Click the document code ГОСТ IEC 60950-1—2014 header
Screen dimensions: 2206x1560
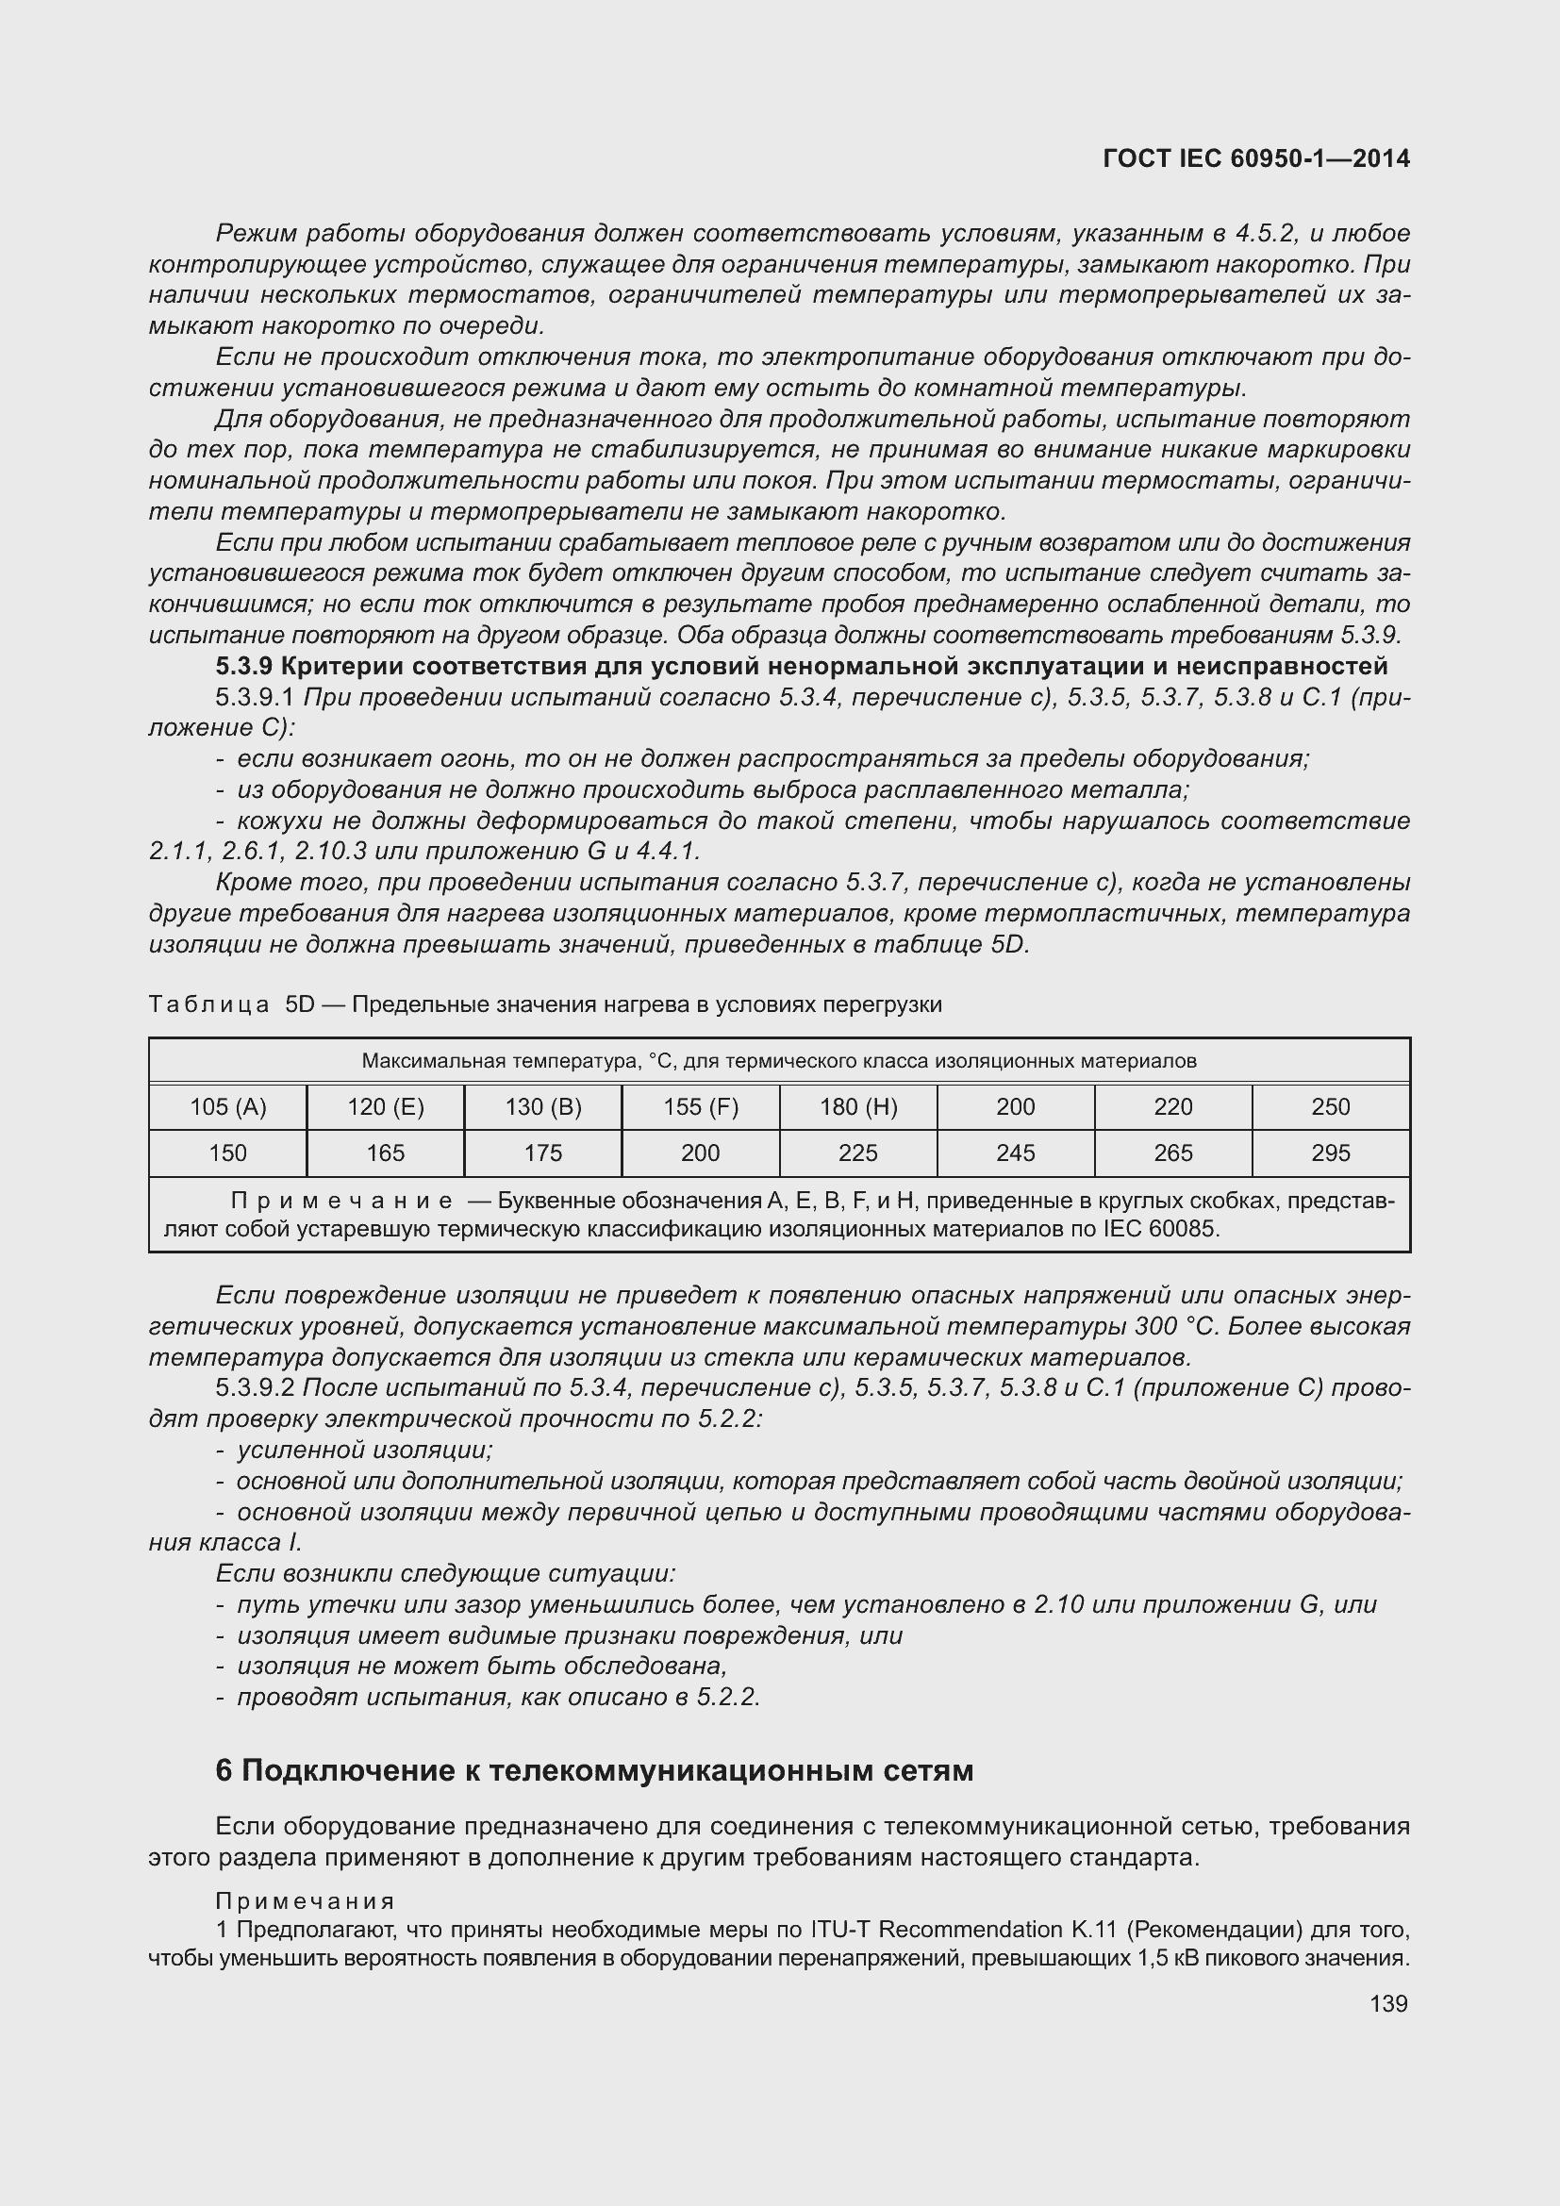coord(1255,158)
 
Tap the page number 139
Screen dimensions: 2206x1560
coord(1388,2003)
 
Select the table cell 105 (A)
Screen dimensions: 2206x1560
coord(227,1107)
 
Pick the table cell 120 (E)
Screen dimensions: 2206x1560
coord(385,1107)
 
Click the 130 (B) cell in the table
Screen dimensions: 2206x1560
coord(542,1107)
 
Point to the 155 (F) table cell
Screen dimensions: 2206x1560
coord(700,1107)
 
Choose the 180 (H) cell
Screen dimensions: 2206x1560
coord(857,1107)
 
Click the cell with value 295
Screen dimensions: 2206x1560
coord(1331,1153)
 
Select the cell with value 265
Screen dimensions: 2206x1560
coord(1173,1153)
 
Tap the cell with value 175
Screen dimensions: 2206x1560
coord(542,1153)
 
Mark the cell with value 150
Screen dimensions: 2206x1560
coord(227,1153)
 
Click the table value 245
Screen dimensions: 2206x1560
coord(1016,1153)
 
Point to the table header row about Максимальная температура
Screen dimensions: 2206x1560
coord(779,1061)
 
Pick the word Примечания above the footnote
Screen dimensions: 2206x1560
coord(305,1900)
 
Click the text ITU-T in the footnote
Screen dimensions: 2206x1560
coord(840,1930)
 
